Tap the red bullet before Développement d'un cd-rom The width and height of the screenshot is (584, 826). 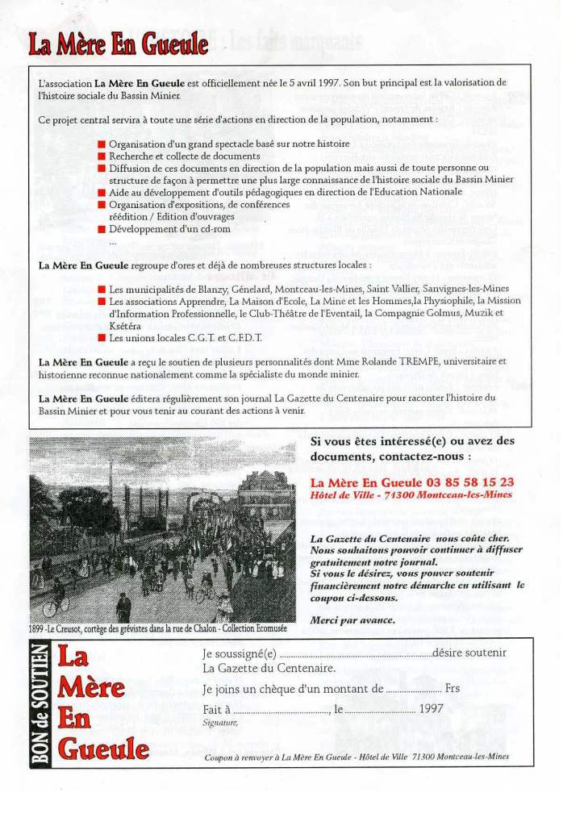click(102, 229)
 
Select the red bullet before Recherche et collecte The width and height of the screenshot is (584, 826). click(102, 156)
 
